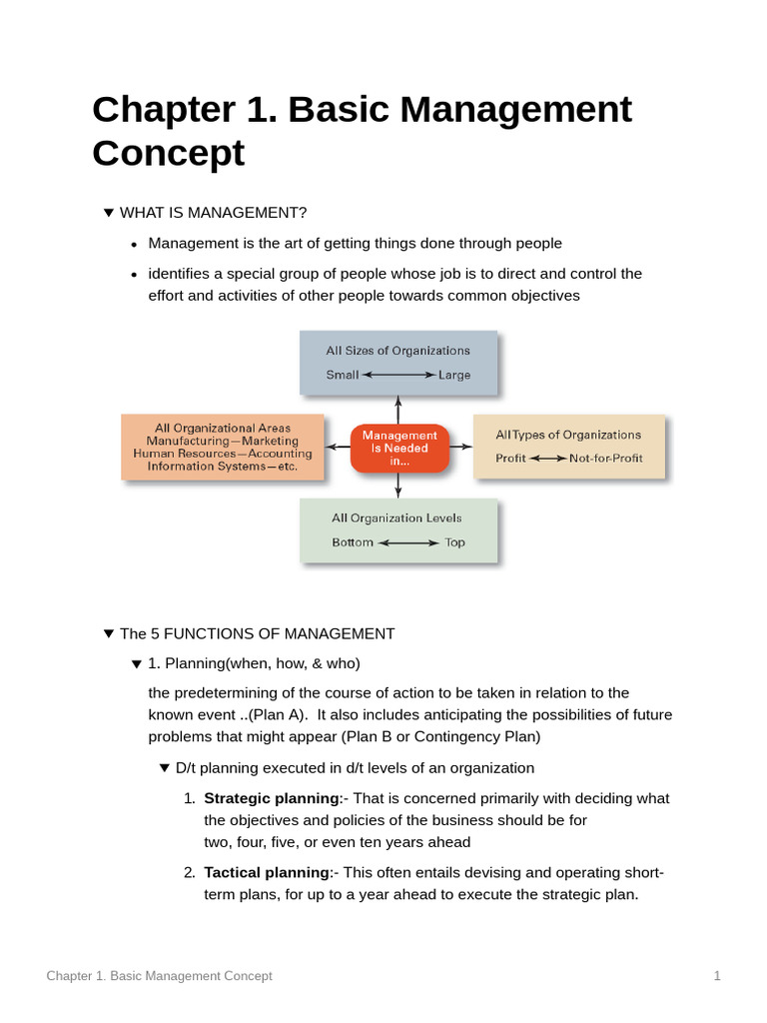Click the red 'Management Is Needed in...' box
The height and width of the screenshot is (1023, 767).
(399, 449)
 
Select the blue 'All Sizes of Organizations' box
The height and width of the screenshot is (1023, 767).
(397, 363)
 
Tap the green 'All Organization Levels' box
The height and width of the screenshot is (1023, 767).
(397, 530)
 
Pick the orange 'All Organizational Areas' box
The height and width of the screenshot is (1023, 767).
(223, 448)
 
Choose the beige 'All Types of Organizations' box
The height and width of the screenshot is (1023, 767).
(568, 447)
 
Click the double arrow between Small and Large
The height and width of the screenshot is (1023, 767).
(398, 376)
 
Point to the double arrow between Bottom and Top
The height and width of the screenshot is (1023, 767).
(408, 543)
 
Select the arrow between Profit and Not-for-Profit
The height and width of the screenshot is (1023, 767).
(547, 459)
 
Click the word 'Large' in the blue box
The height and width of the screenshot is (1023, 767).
(454, 376)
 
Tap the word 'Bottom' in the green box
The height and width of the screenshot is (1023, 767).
(353, 543)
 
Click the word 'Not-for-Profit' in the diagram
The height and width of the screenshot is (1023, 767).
(606, 459)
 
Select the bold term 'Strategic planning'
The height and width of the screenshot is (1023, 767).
(272, 798)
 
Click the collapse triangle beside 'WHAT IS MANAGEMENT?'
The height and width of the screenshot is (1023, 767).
(109, 213)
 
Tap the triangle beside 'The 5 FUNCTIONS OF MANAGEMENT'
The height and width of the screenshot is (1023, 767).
(109, 633)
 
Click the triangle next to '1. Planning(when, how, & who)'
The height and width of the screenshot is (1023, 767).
(137, 663)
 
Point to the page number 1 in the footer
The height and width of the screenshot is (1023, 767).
(717, 976)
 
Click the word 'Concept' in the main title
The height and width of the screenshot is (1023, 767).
(168, 154)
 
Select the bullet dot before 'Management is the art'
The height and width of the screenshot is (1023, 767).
(135, 244)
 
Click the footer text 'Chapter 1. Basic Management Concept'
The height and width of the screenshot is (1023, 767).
(159, 976)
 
